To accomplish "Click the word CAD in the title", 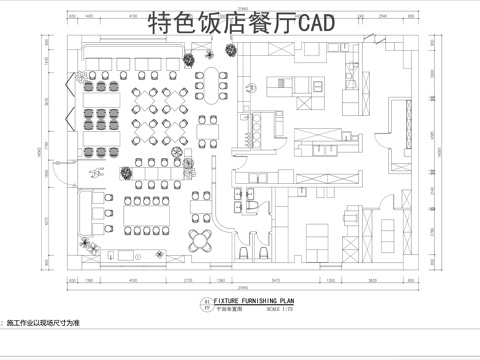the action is pyautogui.click(x=313, y=20).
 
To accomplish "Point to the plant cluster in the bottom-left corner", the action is pyautogui.click(x=89, y=248).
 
